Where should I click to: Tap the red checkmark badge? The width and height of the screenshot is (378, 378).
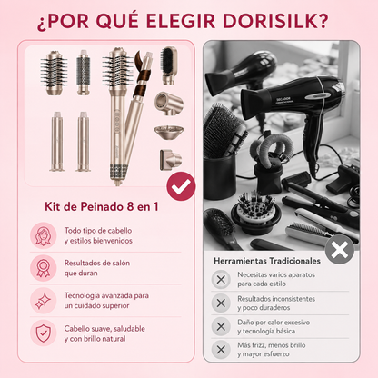point(181,186)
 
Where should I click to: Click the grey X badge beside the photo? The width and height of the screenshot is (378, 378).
point(340,250)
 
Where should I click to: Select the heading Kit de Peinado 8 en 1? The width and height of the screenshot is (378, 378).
point(102,206)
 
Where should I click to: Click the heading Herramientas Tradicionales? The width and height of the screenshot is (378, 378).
point(267,261)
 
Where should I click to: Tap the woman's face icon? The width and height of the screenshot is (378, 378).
point(44,235)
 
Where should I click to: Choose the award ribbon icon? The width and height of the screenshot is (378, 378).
point(44,268)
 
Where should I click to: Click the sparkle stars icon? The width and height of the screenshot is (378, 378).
point(44,301)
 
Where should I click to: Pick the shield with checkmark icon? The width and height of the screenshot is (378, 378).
point(44,333)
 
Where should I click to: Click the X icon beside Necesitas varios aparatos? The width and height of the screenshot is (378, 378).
point(221,279)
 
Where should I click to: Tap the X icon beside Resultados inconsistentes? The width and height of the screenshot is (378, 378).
point(221,303)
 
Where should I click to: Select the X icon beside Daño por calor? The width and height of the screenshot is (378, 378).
point(221,326)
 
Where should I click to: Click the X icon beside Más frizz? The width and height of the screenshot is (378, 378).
point(221,350)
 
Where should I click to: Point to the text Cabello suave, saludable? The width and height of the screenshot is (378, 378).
point(104,329)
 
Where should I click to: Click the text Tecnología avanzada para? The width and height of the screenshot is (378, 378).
point(106,295)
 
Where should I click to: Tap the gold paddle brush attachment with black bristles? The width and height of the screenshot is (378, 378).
point(168,65)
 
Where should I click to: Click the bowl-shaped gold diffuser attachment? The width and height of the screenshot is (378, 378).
point(169,133)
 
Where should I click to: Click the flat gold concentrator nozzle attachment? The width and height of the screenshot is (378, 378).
point(171,159)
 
